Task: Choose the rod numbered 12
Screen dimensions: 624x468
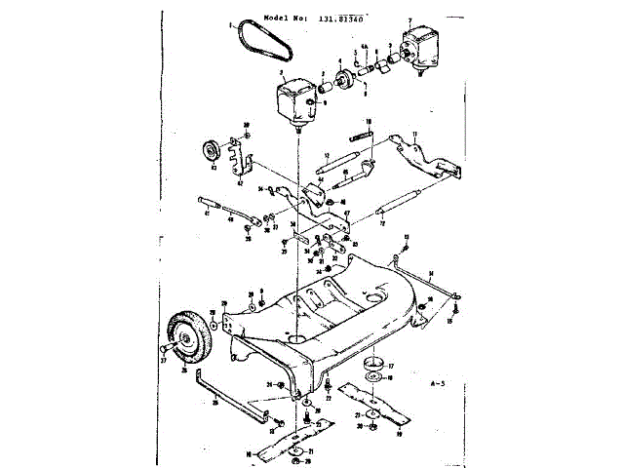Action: (x=347, y=161)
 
